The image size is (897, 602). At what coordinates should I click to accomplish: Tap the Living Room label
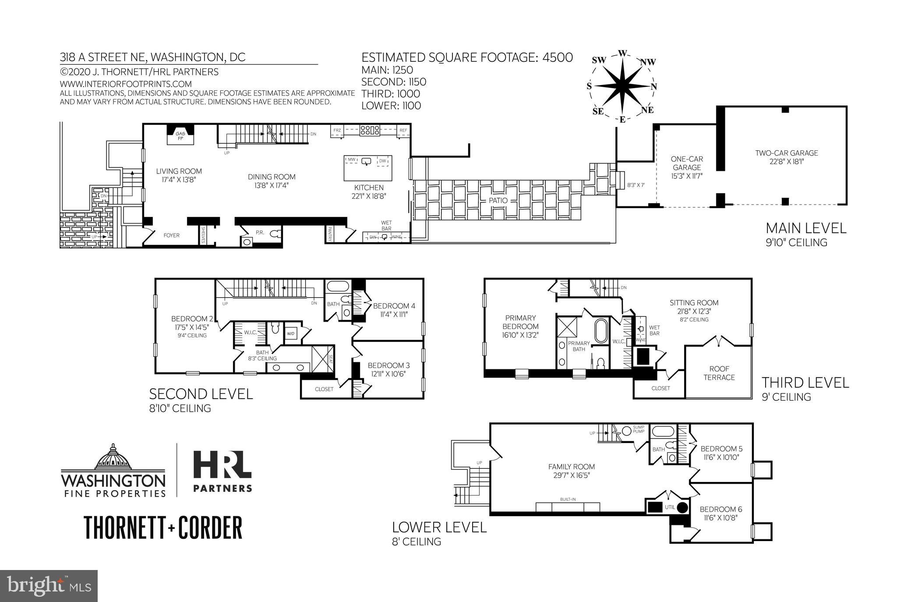(179, 171)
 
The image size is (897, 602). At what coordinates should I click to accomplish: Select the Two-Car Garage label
(787, 153)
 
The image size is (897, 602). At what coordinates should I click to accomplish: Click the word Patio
(498, 201)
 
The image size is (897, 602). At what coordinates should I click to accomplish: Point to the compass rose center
(622, 86)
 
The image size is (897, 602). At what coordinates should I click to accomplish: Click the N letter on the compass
(653, 86)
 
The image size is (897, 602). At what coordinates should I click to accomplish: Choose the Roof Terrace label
(719, 373)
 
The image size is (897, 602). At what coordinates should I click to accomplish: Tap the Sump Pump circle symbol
(627, 431)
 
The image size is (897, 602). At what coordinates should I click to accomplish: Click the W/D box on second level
(291, 334)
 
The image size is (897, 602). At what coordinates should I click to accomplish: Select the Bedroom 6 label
(721, 509)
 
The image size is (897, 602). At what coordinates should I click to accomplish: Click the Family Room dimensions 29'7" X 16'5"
(572, 475)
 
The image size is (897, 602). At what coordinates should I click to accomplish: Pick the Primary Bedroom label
(520, 322)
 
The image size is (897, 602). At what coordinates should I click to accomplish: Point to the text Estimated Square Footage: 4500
(467, 57)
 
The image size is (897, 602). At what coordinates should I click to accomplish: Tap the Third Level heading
(805, 382)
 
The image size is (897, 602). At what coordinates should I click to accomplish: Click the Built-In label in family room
(568, 499)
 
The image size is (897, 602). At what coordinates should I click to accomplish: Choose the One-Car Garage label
(687, 163)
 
